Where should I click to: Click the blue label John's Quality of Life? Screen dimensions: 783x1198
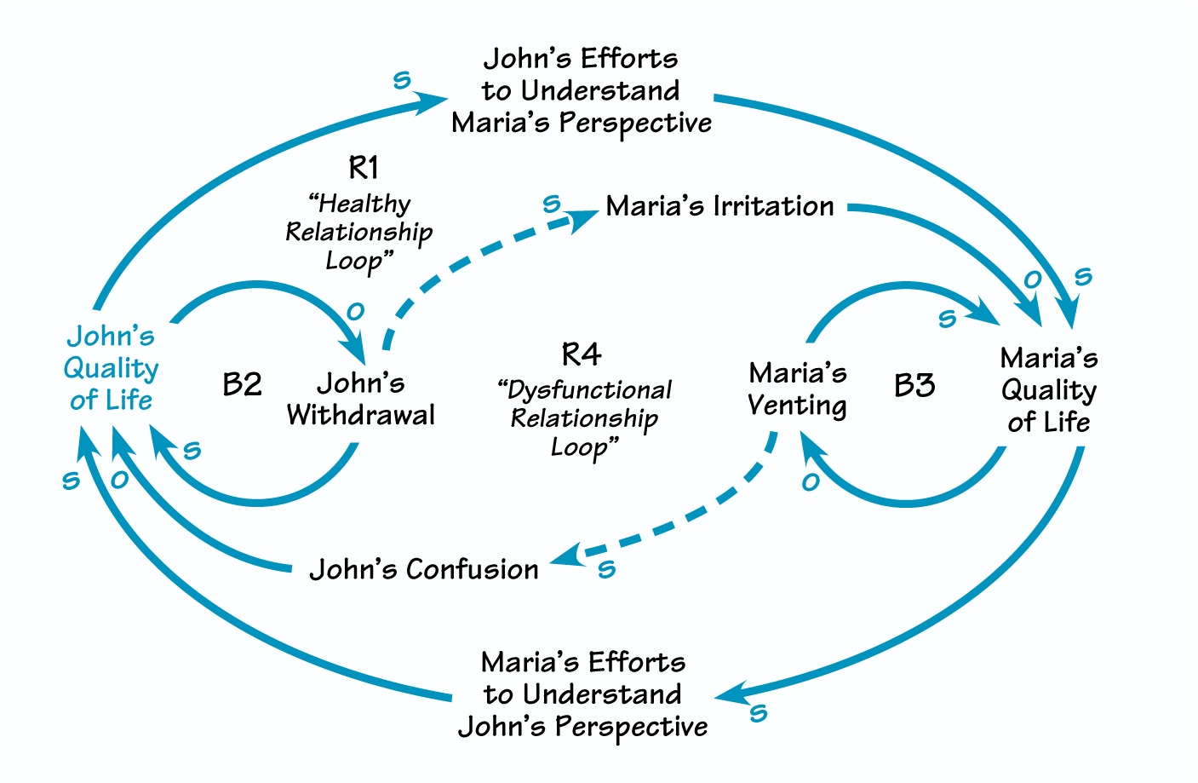click(x=111, y=368)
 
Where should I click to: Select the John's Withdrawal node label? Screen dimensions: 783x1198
click(x=361, y=399)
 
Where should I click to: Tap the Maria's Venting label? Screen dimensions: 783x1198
click(x=798, y=389)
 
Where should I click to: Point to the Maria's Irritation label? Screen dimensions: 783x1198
click(x=719, y=206)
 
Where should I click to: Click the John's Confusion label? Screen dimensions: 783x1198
click(x=423, y=569)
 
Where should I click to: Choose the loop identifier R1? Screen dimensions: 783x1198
click(x=364, y=167)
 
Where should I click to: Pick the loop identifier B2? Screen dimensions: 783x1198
click(x=242, y=384)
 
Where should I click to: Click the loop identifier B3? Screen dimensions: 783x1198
click(x=914, y=385)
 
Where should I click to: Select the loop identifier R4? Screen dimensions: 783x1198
click(x=582, y=354)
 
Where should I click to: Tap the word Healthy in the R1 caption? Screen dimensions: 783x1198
click(x=360, y=204)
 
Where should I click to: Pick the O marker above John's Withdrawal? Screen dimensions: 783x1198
click(x=356, y=312)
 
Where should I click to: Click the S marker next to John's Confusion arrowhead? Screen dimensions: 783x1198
click(x=606, y=570)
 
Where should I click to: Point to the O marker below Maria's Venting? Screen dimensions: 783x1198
click(x=811, y=483)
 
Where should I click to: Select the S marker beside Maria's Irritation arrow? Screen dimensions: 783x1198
click(x=552, y=204)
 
